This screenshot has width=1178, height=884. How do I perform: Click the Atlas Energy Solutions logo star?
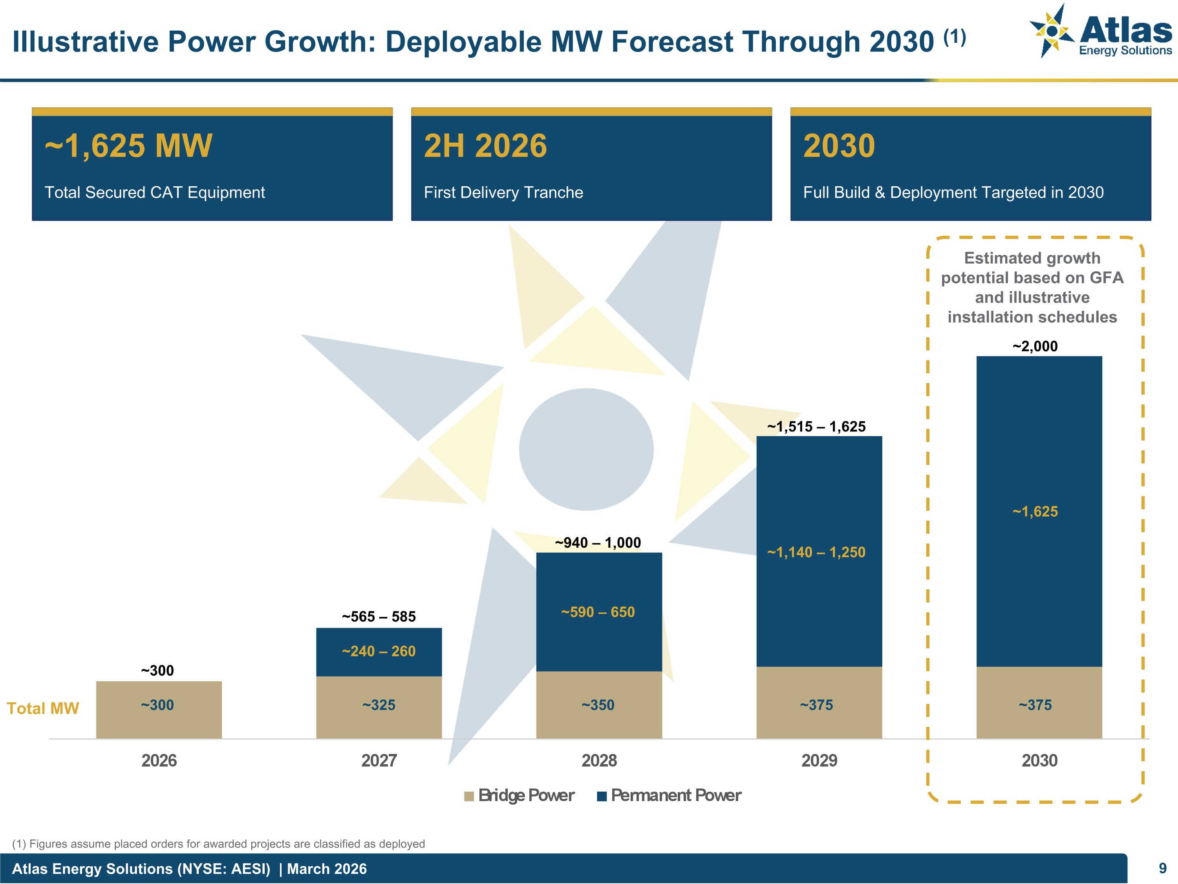pos(1051,31)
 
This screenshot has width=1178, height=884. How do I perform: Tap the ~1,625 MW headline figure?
pos(128,145)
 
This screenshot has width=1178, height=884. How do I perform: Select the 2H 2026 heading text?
pos(485,145)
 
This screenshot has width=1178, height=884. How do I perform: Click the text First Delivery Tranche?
pos(503,193)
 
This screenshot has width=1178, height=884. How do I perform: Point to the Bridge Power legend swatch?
pos(468,796)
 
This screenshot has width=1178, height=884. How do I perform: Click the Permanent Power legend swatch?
pos(602,796)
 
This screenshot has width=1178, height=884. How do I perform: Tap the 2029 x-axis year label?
pos(819,760)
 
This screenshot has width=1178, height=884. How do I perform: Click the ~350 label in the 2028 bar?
pos(598,705)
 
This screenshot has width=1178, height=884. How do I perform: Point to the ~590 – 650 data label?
pos(598,612)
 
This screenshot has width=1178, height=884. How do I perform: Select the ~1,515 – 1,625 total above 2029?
pos(816,426)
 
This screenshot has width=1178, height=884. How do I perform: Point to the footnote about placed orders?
pos(218,844)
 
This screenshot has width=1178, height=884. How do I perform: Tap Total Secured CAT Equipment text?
pos(154,193)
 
